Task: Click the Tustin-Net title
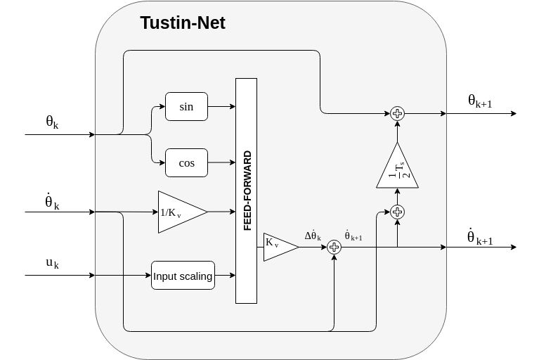click(183, 23)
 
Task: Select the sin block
click(186, 107)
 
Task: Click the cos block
click(186, 163)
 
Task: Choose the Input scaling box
click(183, 276)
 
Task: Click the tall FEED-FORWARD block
click(246, 191)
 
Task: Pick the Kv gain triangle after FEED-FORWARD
click(277, 247)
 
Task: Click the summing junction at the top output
click(397, 113)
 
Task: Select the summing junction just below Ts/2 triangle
click(397, 212)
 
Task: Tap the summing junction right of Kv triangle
click(334, 247)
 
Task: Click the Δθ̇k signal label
click(313, 235)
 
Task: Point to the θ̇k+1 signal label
click(353, 235)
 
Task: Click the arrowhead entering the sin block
click(162, 107)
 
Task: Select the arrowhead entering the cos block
click(162, 163)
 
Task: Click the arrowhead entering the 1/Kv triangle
click(155, 212)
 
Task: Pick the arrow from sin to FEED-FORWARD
click(221, 107)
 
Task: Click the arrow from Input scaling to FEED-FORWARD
click(225, 276)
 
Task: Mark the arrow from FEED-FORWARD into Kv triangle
click(260, 247)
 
